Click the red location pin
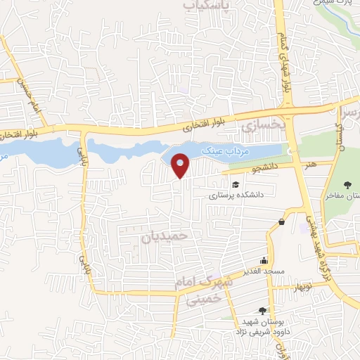(x=181, y=165)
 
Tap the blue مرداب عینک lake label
(x=222, y=150)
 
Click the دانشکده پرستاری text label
(x=234, y=196)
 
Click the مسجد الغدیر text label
(x=264, y=271)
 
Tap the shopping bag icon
(x=282, y=222)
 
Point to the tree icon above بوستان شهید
(x=263, y=310)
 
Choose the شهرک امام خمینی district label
(x=205, y=290)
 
